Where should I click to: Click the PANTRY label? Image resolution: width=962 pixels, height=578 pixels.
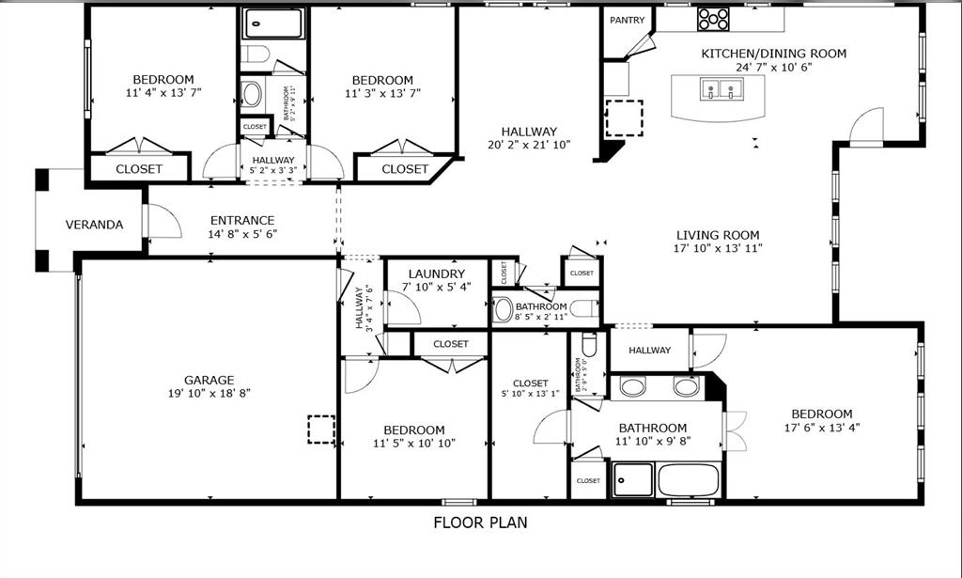[x=628, y=20]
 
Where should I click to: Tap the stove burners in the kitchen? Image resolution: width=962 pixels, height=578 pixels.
[x=713, y=18]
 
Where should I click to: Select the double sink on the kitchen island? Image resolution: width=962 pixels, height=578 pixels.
[x=721, y=90]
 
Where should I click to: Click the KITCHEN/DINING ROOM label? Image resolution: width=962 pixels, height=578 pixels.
[x=773, y=54]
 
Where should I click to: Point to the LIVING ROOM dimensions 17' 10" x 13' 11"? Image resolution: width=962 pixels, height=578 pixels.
[x=718, y=249]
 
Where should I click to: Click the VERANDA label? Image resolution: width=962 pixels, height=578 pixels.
[x=94, y=225]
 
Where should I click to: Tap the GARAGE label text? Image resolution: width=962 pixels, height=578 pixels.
[x=209, y=380]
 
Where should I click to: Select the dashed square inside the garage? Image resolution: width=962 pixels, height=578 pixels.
[x=321, y=429]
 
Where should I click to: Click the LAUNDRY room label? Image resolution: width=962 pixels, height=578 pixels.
[x=437, y=273]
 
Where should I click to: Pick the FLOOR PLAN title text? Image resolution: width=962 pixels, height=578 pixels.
[x=480, y=522]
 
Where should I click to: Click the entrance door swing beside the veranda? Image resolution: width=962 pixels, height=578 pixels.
[x=163, y=222]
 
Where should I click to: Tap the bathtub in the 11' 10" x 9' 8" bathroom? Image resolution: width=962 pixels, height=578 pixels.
[x=688, y=479]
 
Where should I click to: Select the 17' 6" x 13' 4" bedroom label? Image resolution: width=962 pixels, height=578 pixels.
[x=821, y=414]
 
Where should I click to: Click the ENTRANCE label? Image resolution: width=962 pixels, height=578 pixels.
[x=242, y=221]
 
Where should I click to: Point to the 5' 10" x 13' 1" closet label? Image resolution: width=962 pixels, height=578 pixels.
[x=531, y=383]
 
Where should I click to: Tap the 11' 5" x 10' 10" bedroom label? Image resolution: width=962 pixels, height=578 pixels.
[x=413, y=430]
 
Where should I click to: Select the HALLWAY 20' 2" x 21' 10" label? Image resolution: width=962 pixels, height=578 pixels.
[x=529, y=132]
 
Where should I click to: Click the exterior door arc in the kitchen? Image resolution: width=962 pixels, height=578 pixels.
[x=867, y=127]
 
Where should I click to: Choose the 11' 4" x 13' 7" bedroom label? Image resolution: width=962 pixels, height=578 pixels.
[x=163, y=80]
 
